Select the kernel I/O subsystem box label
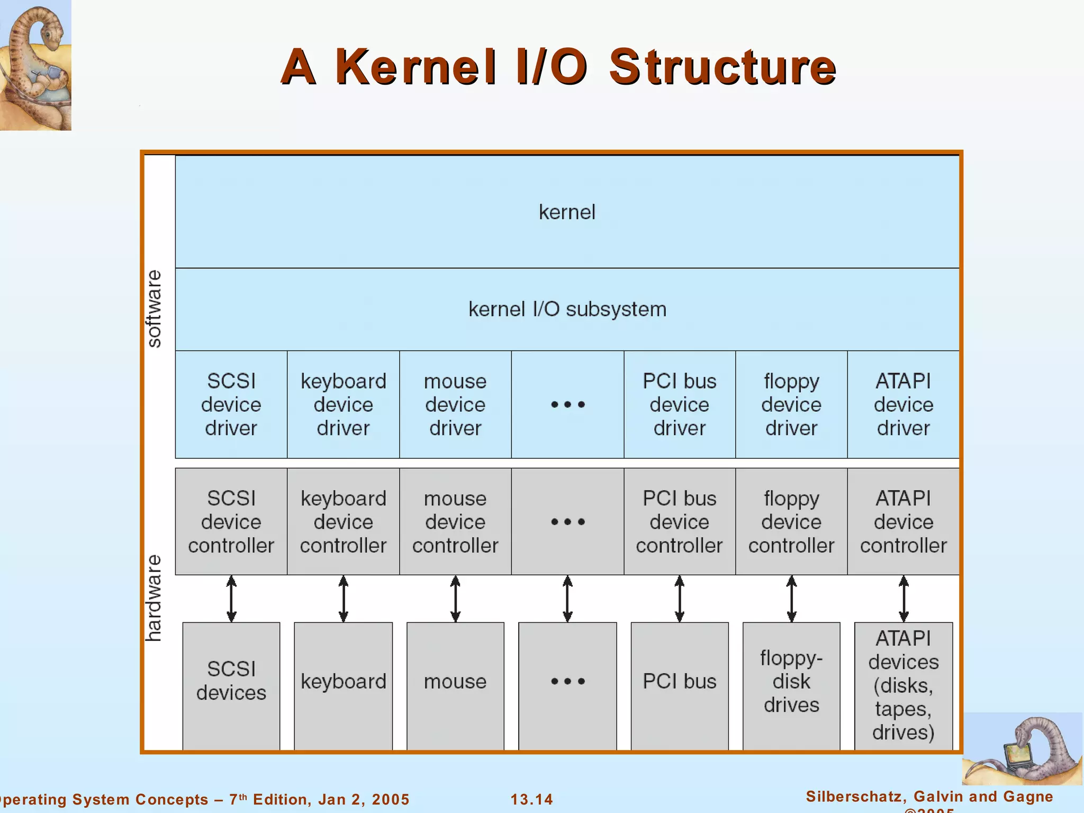(x=567, y=309)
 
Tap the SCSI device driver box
(x=231, y=404)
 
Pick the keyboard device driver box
(x=343, y=404)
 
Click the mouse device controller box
(x=455, y=522)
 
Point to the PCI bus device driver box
(x=679, y=404)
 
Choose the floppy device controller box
(x=791, y=522)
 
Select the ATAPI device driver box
(x=903, y=404)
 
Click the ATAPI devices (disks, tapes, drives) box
(x=903, y=685)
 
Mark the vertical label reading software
(x=154, y=309)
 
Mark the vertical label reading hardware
(x=154, y=598)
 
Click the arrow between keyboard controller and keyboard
(x=343, y=599)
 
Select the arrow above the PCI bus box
(x=679, y=599)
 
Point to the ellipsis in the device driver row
(x=567, y=405)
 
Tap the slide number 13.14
(x=531, y=799)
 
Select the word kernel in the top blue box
(x=567, y=212)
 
